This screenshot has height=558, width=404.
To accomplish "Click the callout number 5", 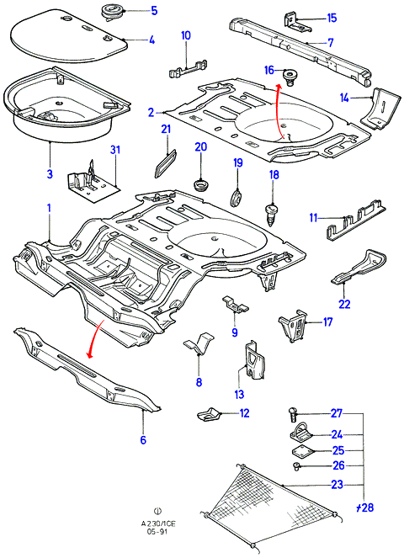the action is (x=154, y=10).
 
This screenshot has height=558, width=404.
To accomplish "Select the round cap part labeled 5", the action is (x=112, y=11).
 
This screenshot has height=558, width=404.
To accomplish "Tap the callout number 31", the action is (x=115, y=150).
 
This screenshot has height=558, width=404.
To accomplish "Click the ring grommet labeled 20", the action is (x=201, y=185).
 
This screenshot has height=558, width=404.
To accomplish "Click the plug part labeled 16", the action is (x=290, y=77).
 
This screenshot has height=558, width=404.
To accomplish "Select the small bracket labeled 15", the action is (x=296, y=21).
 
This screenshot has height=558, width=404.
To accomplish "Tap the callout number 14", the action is (x=344, y=98).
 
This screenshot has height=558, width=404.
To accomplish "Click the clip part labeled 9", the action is (x=235, y=303).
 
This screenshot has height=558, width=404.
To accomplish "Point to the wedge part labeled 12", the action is (x=209, y=414).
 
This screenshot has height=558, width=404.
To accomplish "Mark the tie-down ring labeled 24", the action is (x=300, y=433).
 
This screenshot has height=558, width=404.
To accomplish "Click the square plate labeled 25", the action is (x=302, y=451).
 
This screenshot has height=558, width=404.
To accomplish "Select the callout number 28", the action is (x=366, y=507).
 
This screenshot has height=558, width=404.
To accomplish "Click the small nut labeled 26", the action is (x=296, y=466).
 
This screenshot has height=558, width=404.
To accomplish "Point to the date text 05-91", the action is (x=157, y=532).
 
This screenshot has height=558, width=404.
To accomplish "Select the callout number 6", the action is (x=143, y=440).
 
